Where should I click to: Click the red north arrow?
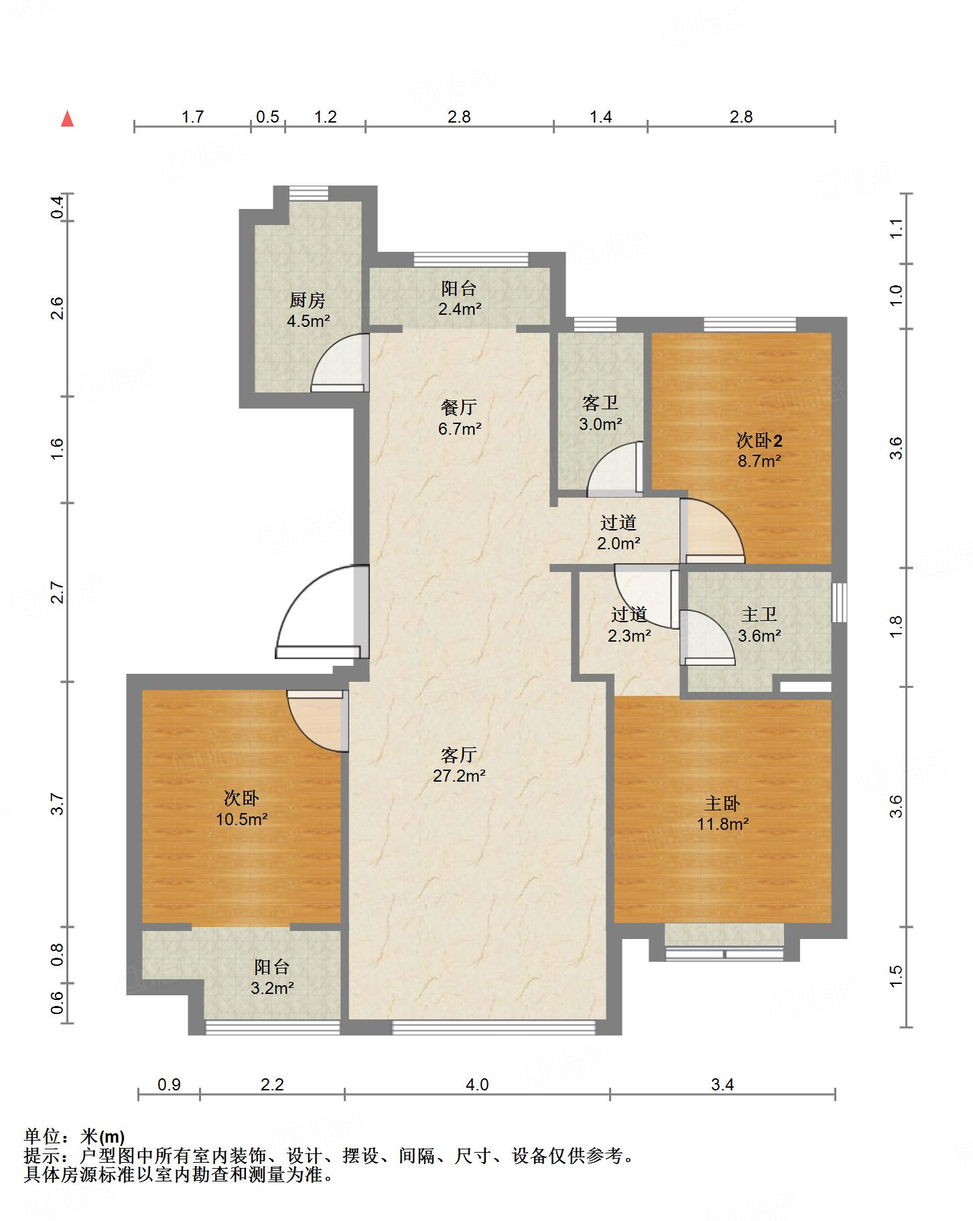(67, 119)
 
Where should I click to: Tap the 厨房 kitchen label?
(308, 300)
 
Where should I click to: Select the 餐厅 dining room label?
(459, 407)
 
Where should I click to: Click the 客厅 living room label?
(459, 755)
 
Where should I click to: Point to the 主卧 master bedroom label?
(722, 803)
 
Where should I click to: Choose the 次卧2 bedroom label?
(759, 440)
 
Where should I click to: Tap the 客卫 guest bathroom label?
(600, 403)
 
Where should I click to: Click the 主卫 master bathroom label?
(759, 614)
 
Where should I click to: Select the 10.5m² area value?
(242, 818)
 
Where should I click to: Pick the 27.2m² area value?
(459, 776)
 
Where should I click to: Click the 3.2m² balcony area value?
(273, 987)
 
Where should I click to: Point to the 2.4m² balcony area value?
(460, 309)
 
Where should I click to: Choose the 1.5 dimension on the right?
(896, 976)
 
